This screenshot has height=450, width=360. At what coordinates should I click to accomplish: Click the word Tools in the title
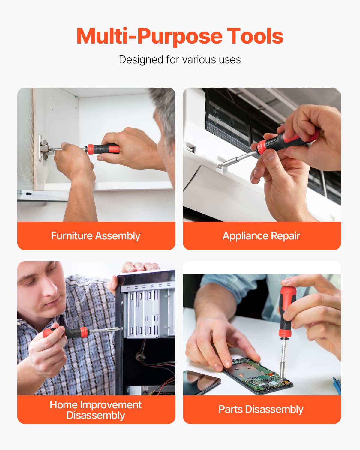click(x=255, y=36)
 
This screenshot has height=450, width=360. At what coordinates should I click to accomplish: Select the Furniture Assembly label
click(x=96, y=236)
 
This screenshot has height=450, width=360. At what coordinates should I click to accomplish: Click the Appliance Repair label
click(x=261, y=236)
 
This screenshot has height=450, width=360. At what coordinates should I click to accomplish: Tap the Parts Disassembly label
click(x=261, y=409)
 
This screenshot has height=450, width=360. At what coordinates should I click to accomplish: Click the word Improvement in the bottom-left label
click(x=111, y=405)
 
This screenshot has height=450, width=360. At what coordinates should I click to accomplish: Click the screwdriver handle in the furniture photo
click(x=103, y=149)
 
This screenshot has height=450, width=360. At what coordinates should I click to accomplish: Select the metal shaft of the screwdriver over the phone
click(x=283, y=360)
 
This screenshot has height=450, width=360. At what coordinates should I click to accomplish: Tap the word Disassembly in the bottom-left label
click(x=96, y=415)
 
